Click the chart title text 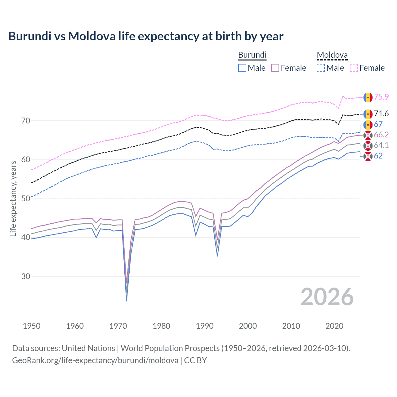click(x=145, y=36)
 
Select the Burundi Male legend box click(x=242, y=68)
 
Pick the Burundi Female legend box click(x=275, y=68)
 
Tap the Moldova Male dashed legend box click(x=321, y=68)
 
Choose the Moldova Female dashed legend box click(x=354, y=68)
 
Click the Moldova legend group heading click(x=332, y=55)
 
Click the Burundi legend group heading click(x=252, y=55)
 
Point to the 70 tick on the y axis click(x=26, y=121)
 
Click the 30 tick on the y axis click(x=26, y=276)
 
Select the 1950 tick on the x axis click(x=32, y=326)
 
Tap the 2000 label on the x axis click(x=248, y=326)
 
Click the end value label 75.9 click(x=381, y=97)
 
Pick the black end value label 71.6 click(x=381, y=114)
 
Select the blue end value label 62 click(x=378, y=156)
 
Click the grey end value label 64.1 click(x=381, y=145)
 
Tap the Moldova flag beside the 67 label click(x=368, y=124)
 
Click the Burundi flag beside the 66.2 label click(x=368, y=135)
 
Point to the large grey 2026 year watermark click(x=327, y=297)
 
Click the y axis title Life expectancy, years click(x=13, y=198)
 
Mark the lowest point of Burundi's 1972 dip click(x=127, y=301)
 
